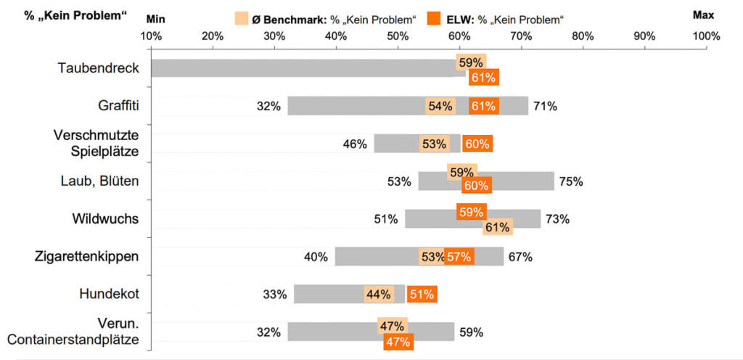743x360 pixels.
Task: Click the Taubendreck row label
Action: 98,68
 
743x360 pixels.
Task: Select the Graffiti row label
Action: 118,106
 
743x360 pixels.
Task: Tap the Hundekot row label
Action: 109,294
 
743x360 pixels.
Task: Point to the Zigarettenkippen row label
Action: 87,256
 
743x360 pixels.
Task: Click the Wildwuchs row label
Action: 105,218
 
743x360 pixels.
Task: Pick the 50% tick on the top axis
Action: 398,36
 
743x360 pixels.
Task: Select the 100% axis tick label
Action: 706,36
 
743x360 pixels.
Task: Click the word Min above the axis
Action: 156,15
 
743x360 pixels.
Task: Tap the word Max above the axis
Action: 703,15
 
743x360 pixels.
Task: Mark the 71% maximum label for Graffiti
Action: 545,106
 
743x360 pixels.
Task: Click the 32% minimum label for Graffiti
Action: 268,106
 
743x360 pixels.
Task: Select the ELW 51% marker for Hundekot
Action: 422,294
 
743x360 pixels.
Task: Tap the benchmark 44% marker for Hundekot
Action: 379,294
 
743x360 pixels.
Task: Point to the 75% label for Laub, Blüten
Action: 570,181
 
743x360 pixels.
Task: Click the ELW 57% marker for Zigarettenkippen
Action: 459,256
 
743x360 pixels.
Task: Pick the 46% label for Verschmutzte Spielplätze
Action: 355,144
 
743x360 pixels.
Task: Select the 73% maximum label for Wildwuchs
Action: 557,218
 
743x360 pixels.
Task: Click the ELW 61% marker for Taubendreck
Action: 483,77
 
